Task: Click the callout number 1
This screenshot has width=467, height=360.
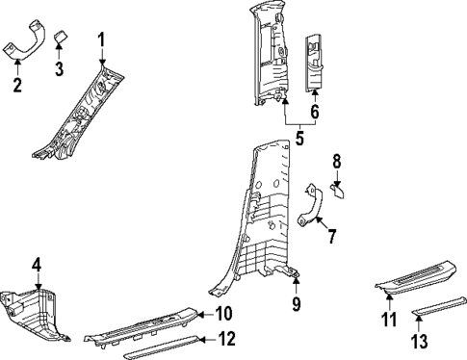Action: pyautogui.click(x=101, y=39)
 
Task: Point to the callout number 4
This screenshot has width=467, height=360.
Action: pyautogui.click(x=37, y=264)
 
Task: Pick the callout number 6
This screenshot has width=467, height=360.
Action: pyautogui.click(x=314, y=111)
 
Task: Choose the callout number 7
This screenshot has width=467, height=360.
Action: pyautogui.click(x=331, y=236)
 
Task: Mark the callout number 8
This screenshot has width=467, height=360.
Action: pyautogui.click(x=336, y=160)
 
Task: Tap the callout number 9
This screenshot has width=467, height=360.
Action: pyautogui.click(x=297, y=305)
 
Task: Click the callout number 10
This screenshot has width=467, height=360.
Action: pyautogui.click(x=224, y=313)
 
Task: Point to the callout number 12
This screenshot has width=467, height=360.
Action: pyautogui.click(x=226, y=338)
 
